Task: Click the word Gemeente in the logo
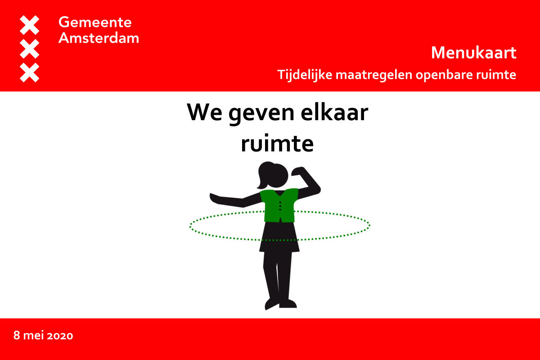pos(95,22)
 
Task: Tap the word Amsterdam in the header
pos(99,38)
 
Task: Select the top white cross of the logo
pos(30,25)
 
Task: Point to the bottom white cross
pos(30,73)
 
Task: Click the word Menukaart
pos(473,53)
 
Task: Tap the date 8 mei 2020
pos(43,335)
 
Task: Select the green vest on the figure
pos(279,205)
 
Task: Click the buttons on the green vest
pos(280,206)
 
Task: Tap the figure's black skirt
pos(279,238)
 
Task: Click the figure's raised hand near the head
pos(300,171)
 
